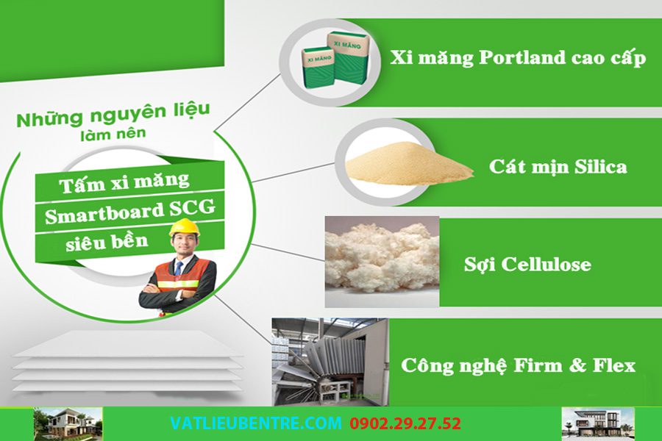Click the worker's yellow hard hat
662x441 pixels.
184,227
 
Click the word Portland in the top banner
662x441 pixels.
522,57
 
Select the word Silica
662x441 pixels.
601,166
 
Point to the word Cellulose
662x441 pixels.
546,264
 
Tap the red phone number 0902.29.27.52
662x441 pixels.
405,423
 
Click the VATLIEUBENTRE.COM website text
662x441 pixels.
256,423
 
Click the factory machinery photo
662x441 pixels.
330,362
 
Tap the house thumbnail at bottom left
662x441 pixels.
68,423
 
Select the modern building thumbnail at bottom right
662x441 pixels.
598,423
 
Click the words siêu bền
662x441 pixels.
107,242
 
